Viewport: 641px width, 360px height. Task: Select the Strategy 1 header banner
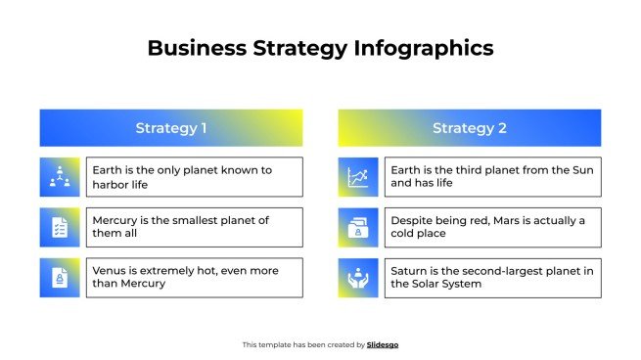coord(171,128)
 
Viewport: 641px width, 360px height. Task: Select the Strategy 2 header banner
coord(470,128)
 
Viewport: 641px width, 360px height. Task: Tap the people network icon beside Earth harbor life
coord(59,177)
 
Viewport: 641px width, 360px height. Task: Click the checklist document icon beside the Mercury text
coord(59,227)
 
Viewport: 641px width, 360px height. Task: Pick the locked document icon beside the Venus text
coord(59,278)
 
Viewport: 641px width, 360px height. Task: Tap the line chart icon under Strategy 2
coord(357,177)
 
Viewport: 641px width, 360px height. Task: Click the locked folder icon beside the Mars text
coord(357,227)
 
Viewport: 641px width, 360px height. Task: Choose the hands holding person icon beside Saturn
coord(357,278)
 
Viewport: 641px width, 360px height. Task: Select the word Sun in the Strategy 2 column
coord(582,170)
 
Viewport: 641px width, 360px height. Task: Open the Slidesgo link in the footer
coord(383,344)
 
